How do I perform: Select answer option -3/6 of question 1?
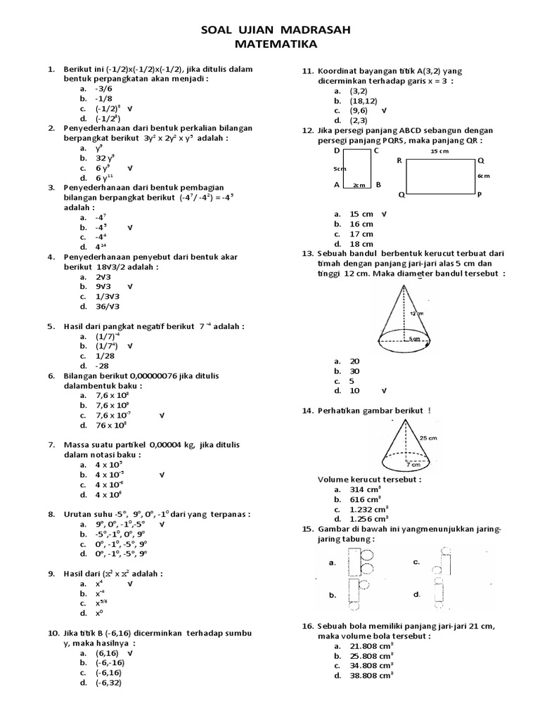click(104, 89)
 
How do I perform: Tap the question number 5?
click(51, 326)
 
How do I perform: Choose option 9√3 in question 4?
click(105, 287)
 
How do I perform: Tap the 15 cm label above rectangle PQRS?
click(439, 151)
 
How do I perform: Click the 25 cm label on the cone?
click(428, 437)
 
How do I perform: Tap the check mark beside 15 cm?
click(385, 214)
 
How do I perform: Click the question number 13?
click(307, 253)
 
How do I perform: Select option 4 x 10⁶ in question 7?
click(109, 495)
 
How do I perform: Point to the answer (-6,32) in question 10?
click(110, 682)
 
